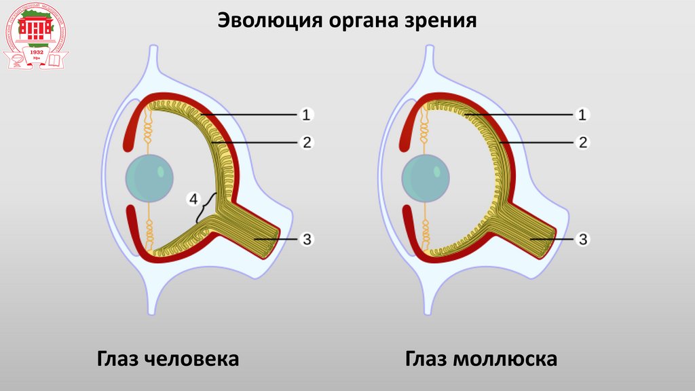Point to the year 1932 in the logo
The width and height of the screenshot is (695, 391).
click(x=35, y=52)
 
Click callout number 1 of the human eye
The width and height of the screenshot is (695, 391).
click(x=306, y=115)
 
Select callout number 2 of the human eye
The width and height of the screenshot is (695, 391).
click(x=306, y=143)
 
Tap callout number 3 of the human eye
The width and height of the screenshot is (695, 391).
click(x=306, y=239)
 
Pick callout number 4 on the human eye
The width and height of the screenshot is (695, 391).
click(x=193, y=200)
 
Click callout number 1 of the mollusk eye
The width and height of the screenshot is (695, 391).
click(x=582, y=115)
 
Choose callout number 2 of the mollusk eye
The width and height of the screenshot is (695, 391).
click(x=582, y=143)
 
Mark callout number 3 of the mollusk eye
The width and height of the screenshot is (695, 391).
click(x=582, y=239)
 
